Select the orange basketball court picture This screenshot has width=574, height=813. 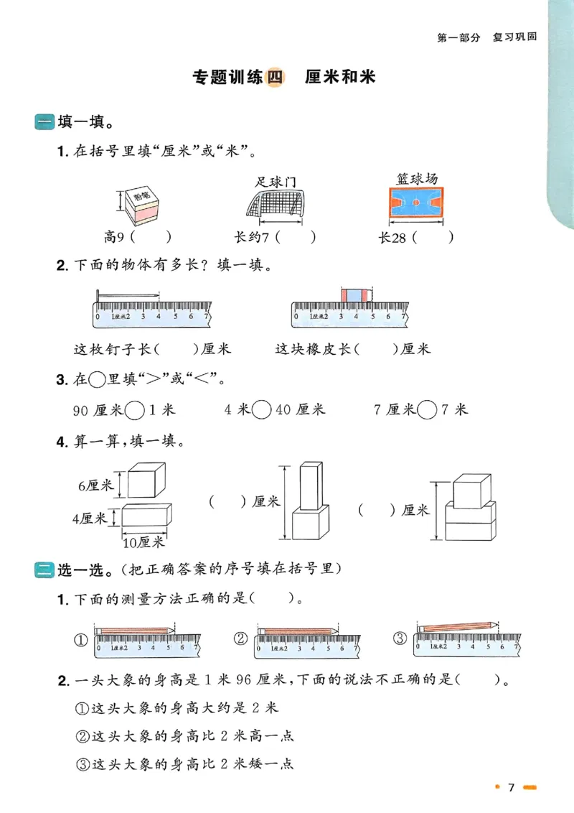click(415, 203)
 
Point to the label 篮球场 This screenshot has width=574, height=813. click(416, 178)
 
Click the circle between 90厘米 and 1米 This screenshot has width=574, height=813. click(134, 409)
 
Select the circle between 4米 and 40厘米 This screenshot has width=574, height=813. click(263, 409)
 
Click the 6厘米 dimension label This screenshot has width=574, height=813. click(95, 486)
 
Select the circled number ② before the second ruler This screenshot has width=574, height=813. click(241, 638)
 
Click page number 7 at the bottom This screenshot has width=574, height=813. click(511, 788)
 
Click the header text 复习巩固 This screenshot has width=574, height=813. click(514, 37)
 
